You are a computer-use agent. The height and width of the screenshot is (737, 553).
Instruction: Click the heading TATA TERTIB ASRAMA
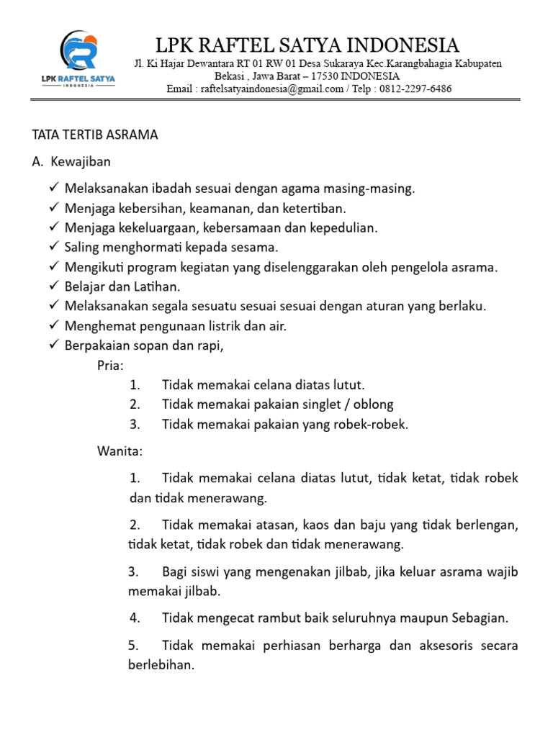(95, 135)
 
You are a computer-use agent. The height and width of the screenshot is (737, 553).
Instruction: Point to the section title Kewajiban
(81, 161)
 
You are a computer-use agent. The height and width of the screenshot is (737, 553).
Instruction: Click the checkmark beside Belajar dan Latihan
(54, 286)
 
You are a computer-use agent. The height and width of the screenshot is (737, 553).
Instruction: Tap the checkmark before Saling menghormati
(54, 247)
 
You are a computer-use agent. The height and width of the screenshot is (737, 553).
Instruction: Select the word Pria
(110, 365)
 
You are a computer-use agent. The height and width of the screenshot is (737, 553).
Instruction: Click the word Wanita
(120, 452)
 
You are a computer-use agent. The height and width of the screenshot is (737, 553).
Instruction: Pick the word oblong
(373, 404)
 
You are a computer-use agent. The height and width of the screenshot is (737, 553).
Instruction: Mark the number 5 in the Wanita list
(133, 645)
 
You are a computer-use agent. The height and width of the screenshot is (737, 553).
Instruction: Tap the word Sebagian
(480, 618)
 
